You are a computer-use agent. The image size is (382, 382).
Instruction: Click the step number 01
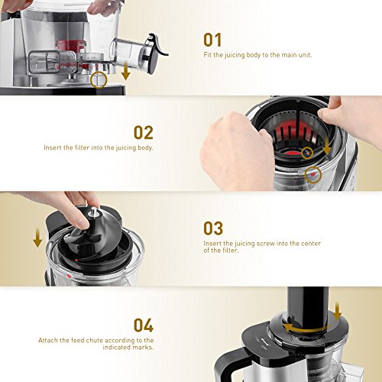click(x=212, y=40)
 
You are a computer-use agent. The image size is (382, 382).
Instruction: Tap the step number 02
click(x=144, y=133)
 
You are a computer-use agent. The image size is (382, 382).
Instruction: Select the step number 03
click(x=213, y=228)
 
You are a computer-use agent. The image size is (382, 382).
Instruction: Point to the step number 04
click(x=144, y=325)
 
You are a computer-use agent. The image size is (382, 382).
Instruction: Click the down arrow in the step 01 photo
click(x=125, y=70)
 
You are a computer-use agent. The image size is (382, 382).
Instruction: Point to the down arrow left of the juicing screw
click(x=37, y=238)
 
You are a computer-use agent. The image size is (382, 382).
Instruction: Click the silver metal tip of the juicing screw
click(x=93, y=212)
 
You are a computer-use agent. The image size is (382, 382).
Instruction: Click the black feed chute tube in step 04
click(x=308, y=307)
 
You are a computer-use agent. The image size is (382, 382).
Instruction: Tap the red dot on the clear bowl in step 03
click(x=68, y=277)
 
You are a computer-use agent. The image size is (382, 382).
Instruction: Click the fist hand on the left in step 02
click(x=235, y=151)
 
